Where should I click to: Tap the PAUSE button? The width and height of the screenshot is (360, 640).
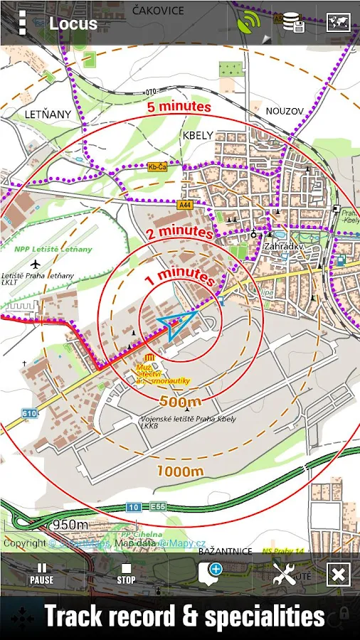41,573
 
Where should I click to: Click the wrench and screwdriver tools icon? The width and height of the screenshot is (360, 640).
285,573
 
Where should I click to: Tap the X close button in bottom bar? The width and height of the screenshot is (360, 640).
338,574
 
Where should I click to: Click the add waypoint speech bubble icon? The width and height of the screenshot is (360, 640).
210,572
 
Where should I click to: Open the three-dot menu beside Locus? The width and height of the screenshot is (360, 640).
22,23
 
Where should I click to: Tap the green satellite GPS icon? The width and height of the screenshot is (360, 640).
250,23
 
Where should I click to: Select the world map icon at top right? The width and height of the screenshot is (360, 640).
338,23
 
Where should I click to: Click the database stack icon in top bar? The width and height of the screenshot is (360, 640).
293,23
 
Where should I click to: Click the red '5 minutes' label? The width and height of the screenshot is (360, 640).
179,107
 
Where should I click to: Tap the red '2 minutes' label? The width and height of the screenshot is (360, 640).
180,233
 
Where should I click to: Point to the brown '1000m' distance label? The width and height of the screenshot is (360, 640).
180,471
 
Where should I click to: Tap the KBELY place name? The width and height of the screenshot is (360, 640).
198,135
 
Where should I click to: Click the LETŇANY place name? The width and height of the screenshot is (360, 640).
48,114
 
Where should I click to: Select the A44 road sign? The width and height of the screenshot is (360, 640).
186,205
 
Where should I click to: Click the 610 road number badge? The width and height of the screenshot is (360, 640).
29,413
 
